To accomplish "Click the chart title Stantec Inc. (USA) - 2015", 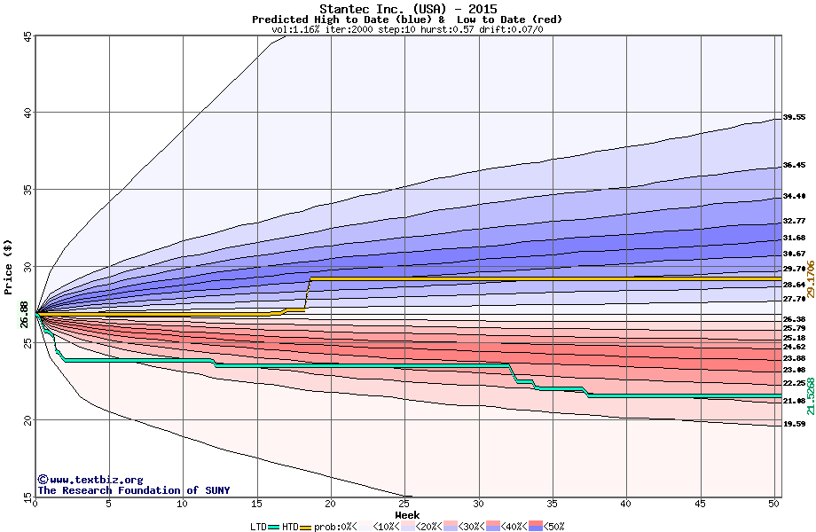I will (x=407, y=9).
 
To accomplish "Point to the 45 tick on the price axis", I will (x=27, y=36).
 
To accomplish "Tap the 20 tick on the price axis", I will (x=27, y=419).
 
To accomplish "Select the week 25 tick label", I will (x=404, y=504).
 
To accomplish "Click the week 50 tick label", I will (x=773, y=504).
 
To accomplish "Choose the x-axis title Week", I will (x=407, y=514).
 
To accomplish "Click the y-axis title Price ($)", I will (x=9, y=267).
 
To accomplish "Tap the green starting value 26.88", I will (x=24, y=314).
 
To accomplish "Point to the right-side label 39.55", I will (x=794, y=117).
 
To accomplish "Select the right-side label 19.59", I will (x=794, y=425).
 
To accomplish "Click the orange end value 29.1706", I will (x=810, y=279).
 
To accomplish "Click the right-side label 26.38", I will (x=794, y=319).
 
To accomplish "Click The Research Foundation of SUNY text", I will (x=133, y=490).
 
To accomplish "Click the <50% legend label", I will (x=550, y=527).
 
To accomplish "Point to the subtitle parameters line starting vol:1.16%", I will (x=407, y=30).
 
